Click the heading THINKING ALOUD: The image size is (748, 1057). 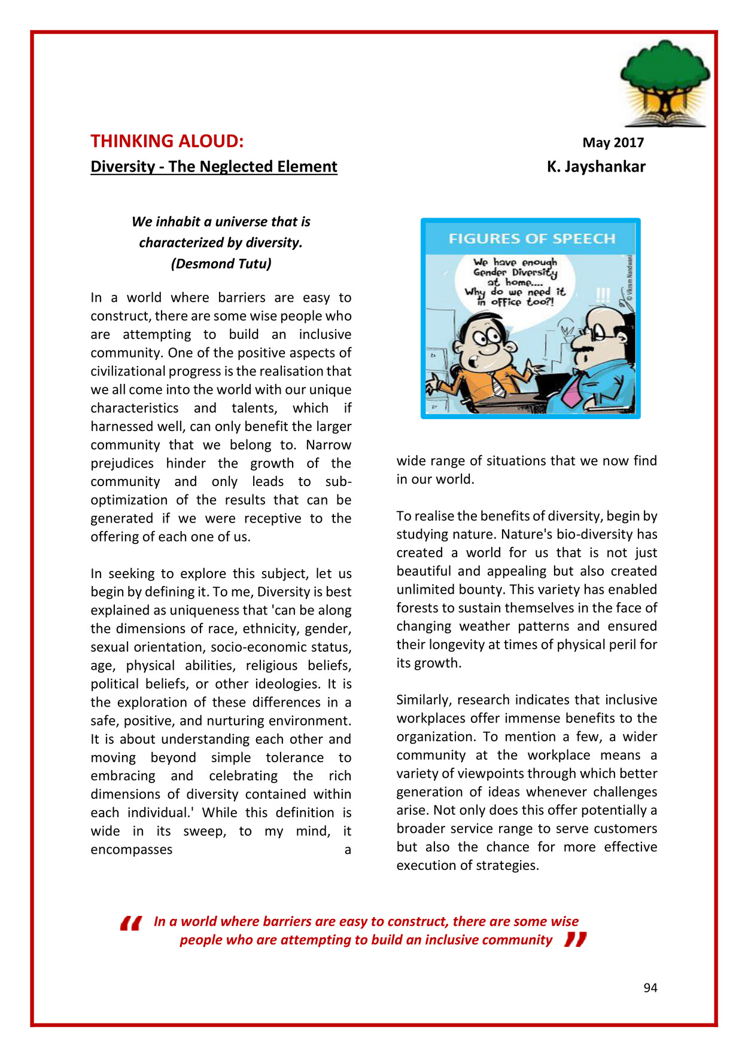[x=167, y=141]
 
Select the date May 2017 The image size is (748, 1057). [x=613, y=143]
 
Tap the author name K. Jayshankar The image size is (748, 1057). [x=595, y=167]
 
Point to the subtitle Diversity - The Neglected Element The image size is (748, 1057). [x=214, y=167]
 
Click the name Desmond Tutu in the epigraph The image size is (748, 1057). [x=221, y=264]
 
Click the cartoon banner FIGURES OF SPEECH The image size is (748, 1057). [x=531, y=239]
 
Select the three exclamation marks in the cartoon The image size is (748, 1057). [x=603, y=295]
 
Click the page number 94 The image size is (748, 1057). [x=650, y=988]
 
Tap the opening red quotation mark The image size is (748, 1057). [x=131, y=924]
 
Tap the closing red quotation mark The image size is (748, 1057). [x=575, y=940]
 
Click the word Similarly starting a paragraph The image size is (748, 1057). [x=424, y=700]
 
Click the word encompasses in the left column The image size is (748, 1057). [x=131, y=850]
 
